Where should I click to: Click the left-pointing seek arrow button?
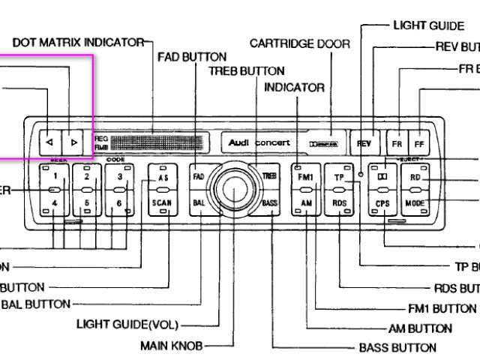(49, 141)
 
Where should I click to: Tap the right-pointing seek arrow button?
(73, 141)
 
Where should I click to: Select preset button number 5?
(87, 202)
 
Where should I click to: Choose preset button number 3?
(118, 177)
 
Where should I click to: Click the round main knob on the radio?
(235, 190)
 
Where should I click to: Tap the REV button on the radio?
(364, 142)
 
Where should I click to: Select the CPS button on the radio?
(383, 203)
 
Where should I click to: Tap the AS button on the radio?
(162, 178)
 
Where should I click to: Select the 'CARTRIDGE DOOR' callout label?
(299, 44)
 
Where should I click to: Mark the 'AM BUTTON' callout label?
(420, 328)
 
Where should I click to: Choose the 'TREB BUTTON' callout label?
(247, 71)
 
